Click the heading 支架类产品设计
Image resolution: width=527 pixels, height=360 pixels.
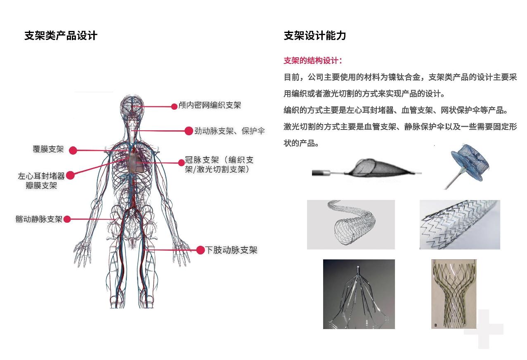click(x=61, y=36)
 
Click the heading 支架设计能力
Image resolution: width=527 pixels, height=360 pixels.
click(x=315, y=36)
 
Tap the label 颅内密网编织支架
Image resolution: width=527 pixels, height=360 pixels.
click(x=210, y=105)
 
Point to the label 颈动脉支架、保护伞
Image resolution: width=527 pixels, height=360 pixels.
click(x=229, y=131)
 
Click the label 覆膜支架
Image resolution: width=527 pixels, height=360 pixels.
click(x=48, y=149)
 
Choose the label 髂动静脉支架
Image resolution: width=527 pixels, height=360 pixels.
click(x=39, y=219)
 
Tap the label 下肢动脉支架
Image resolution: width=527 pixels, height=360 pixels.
click(x=232, y=250)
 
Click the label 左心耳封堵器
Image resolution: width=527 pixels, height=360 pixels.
click(x=41, y=176)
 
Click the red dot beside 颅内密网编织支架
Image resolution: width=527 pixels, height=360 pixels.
click(x=174, y=107)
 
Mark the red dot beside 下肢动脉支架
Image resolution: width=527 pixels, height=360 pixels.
click(x=201, y=250)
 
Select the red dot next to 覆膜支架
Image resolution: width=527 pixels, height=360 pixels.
click(x=73, y=151)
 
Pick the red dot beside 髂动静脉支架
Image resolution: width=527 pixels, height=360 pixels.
click(x=67, y=219)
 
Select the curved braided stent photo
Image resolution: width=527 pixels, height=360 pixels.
click(x=351, y=225)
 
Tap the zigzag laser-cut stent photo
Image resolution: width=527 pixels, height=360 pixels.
click(x=460, y=225)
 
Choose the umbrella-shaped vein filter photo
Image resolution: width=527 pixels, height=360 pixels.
click(x=359, y=294)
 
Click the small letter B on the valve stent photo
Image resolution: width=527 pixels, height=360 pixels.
click(x=436, y=325)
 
